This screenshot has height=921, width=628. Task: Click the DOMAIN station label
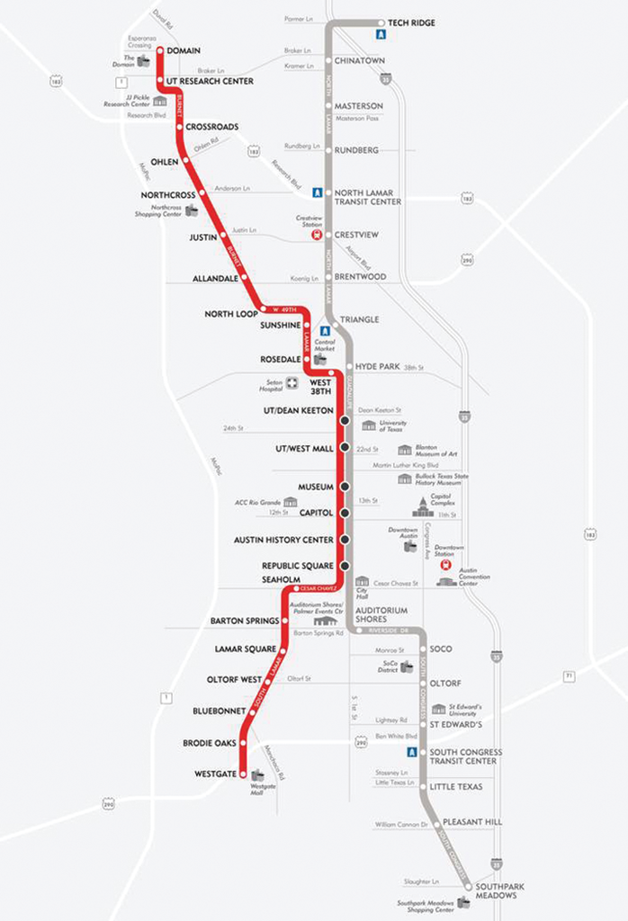184,50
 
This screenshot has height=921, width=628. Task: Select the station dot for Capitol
344,513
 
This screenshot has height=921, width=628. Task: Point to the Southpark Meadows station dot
467,886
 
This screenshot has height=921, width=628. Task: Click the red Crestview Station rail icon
317,234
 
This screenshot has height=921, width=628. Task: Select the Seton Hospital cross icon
292,383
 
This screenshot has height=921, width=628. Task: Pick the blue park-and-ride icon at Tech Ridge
381,34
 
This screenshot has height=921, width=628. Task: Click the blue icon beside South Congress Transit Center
411,752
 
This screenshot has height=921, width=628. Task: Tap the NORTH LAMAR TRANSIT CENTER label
368,197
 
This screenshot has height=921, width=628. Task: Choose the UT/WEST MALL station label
304,448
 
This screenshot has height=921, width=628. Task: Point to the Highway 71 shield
569,675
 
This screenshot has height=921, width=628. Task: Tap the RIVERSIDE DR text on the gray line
387,630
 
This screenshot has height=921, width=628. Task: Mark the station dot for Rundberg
328,150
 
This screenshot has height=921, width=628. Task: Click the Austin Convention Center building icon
446,582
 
